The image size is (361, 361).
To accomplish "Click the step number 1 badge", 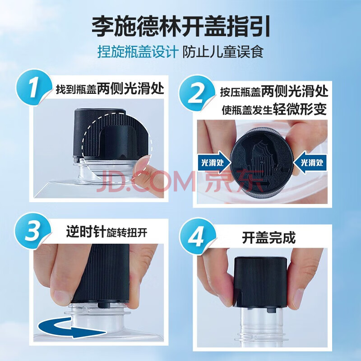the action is coord(34,88).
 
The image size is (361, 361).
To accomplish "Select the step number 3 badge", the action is coord(33,231).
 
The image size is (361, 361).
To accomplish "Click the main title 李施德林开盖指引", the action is coord(181,27).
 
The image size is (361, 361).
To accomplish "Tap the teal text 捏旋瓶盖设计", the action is coord(138,52).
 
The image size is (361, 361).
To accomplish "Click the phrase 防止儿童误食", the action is coord(223,52).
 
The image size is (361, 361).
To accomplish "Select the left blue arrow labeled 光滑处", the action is coord(214,162).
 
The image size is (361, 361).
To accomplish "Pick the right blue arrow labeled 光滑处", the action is coord(310,162).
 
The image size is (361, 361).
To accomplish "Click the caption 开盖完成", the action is coord(268,238).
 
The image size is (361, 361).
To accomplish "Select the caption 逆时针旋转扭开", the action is coord(106,231).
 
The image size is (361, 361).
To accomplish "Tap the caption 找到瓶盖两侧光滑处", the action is coord(110,88).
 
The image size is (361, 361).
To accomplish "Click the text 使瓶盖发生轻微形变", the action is coord(274,109).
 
